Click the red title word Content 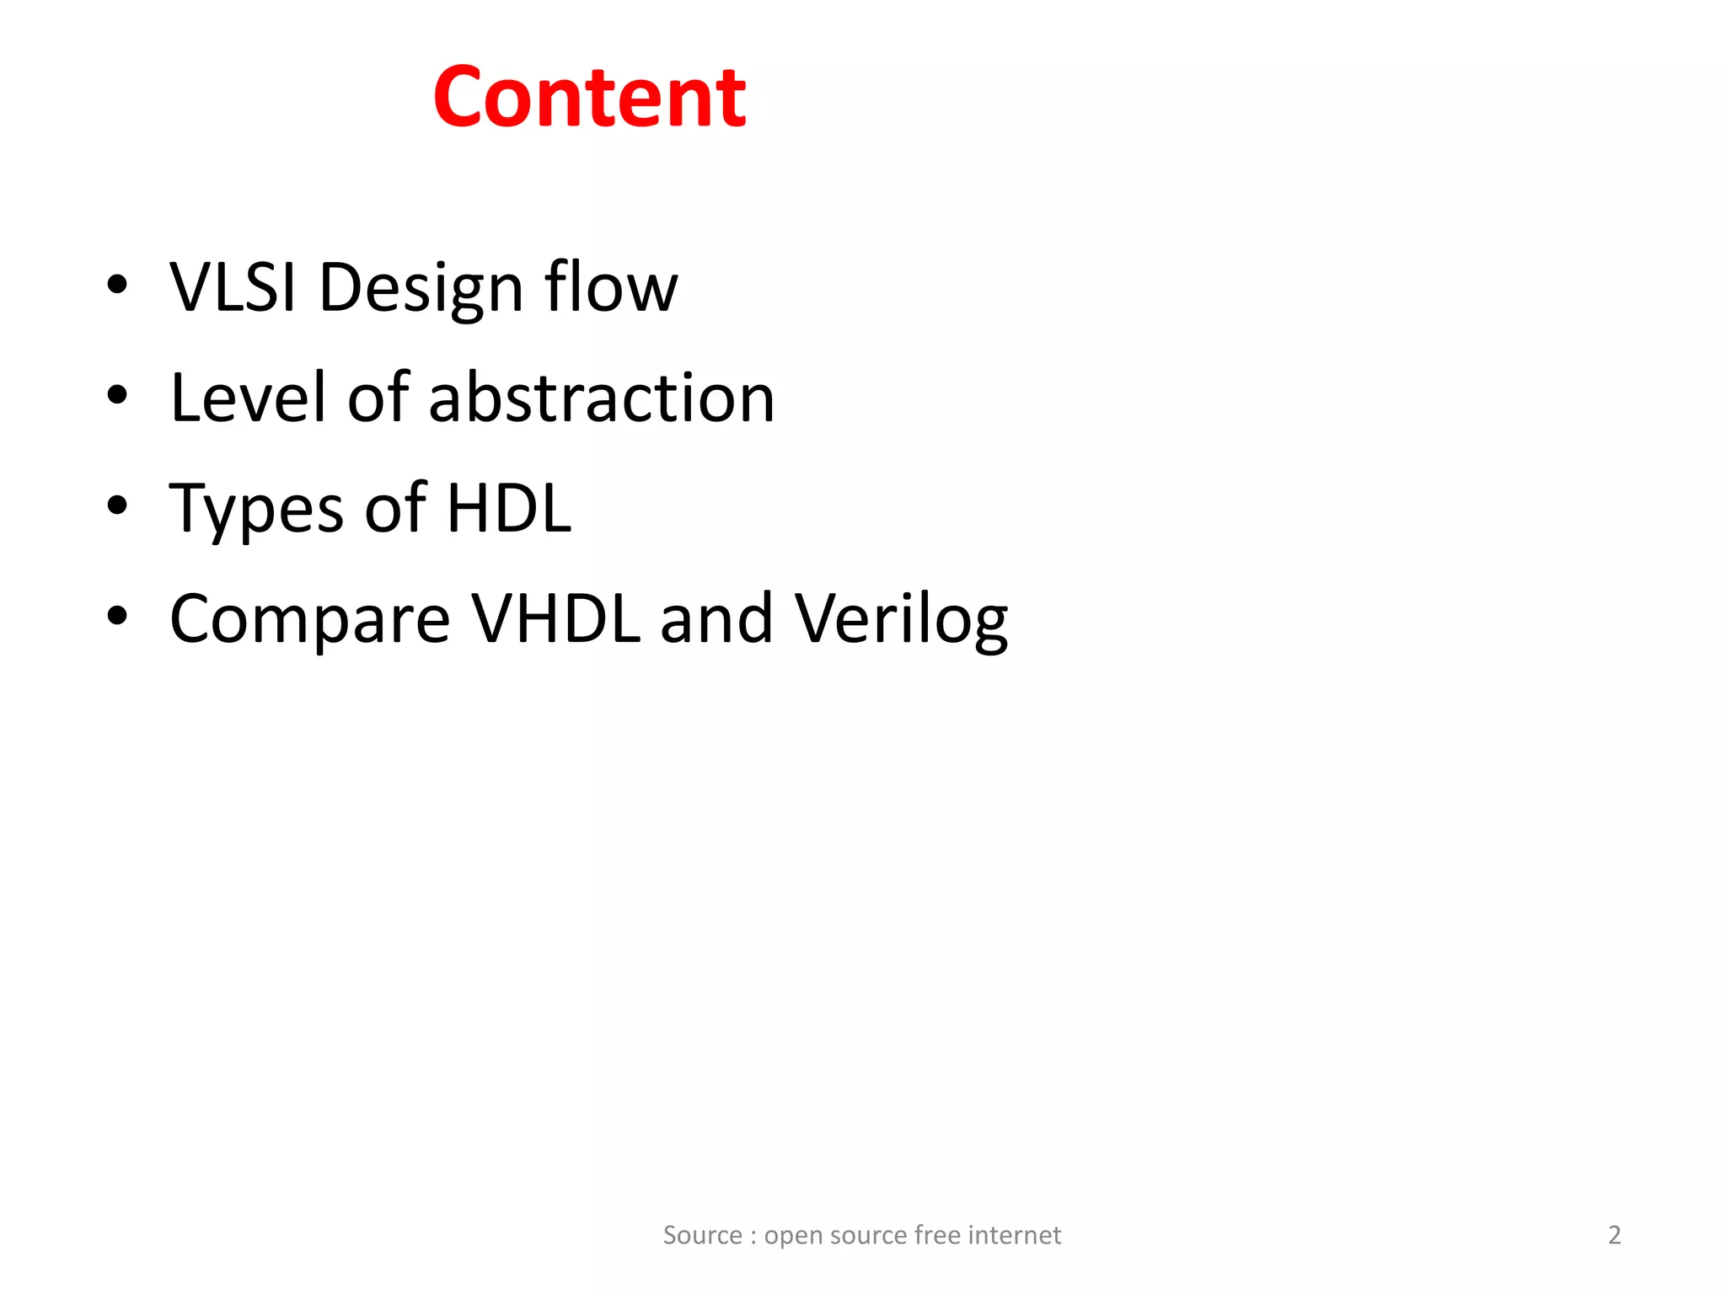coord(589,98)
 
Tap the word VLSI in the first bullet coord(233,287)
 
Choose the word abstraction coord(601,398)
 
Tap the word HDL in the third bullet coord(509,508)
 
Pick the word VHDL coord(555,618)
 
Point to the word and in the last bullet coord(716,618)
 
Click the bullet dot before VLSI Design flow coord(117,285)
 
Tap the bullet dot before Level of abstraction coord(117,395)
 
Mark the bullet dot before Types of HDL coord(117,505)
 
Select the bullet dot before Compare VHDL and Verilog coord(117,616)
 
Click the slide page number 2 coord(1614,1235)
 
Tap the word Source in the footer coord(702,1235)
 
